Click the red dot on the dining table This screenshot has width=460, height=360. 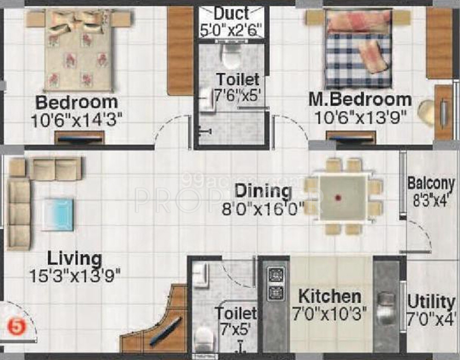[338, 197]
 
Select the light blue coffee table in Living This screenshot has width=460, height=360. [58, 214]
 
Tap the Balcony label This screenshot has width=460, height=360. [431, 184]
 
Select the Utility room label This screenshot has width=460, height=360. [431, 302]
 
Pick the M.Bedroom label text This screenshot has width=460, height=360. [360, 99]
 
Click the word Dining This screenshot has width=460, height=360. [263, 191]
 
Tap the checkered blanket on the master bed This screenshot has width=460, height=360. [350, 62]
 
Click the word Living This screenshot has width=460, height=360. [75, 258]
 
